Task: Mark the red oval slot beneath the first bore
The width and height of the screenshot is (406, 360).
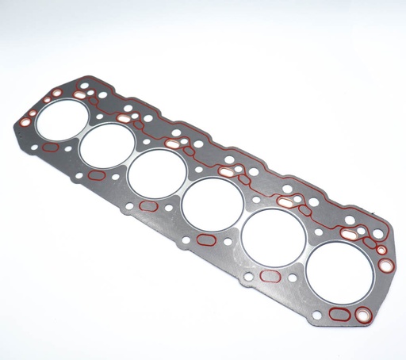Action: [x=51, y=147]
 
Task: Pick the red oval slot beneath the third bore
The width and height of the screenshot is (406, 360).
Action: [x=148, y=206]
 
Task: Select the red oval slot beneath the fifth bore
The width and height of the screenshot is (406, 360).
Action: [x=270, y=276]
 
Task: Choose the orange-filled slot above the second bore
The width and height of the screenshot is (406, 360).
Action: [x=124, y=118]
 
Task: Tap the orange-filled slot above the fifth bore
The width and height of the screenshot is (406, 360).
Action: [x=284, y=202]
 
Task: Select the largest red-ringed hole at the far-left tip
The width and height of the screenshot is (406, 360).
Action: [x=26, y=123]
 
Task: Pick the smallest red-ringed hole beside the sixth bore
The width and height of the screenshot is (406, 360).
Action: [x=381, y=251]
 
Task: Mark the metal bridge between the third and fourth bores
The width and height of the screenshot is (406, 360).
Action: [x=184, y=189]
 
